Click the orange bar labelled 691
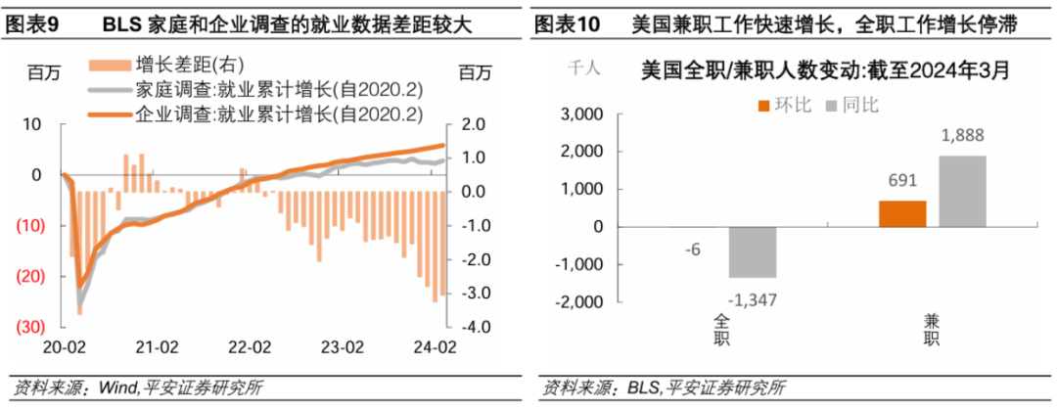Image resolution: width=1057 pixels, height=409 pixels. pyautogui.click(x=902, y=213)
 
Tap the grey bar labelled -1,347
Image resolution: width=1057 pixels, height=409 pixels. pyautogui.click(x=751, y=251)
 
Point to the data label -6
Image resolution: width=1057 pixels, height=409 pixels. pyautogui.click(x=692, y=249)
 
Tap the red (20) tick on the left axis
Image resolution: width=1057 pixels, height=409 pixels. pyautogui.click(x=31, y=276)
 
